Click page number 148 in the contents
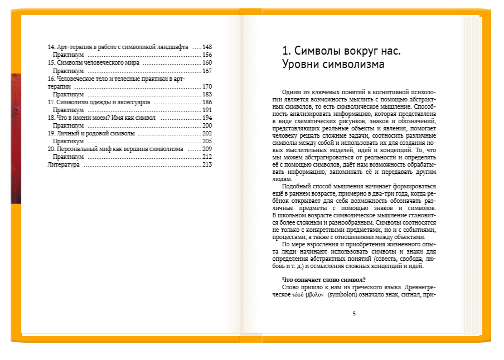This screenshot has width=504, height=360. click(x=207, y=47)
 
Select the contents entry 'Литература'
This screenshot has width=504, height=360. click(x=64, y=165)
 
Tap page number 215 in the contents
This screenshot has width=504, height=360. click(x=207, y=165)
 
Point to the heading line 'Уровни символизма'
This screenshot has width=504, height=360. click(x=333, y=65)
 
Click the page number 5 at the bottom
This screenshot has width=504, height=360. click(x=354, y=314)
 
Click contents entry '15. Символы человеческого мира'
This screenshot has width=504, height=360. click(x=93, y=63)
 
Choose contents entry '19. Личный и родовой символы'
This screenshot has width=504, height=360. click(x=91, y=134)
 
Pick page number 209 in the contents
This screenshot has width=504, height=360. click(x=207, y=149)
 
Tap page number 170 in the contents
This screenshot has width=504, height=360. click(x=207, y=86)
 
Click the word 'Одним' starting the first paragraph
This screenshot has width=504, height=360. click(x=292, y=91)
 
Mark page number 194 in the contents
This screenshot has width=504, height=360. click(x=207, y=118)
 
